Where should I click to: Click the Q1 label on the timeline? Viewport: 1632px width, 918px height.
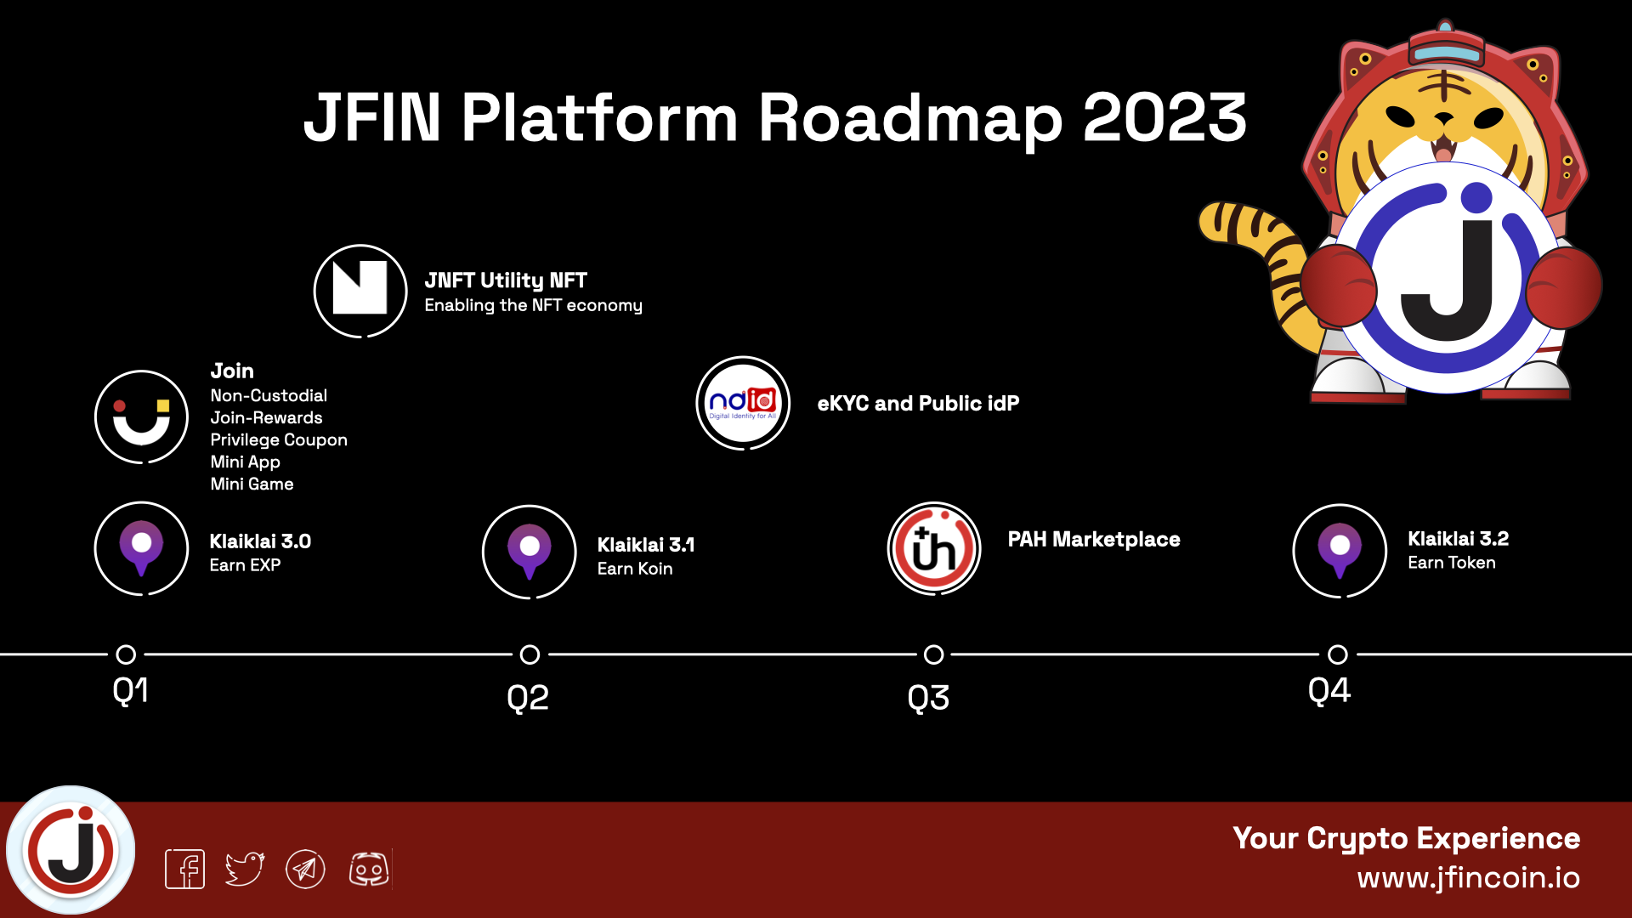(130, 690)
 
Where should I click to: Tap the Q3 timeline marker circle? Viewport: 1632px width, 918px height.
(933, 654)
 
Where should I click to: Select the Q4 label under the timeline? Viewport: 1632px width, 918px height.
(1329, 690)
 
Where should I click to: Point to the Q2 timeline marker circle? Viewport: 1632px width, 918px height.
(530, 654)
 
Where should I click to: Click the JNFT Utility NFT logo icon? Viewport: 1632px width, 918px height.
(360, 291)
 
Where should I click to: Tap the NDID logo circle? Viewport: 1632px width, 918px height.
(743, 403)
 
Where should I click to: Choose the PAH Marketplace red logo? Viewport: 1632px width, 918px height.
(934, 548)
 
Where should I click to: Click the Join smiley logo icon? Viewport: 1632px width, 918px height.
(141, 417)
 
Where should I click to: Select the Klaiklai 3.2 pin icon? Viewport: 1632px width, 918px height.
(1340, 551)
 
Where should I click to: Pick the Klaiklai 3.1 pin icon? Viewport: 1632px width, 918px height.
(530, 552)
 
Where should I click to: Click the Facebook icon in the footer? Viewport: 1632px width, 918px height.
(184, 869)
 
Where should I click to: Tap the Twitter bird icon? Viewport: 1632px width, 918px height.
(245, 869)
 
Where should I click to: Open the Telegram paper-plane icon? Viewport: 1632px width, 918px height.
(305, 869)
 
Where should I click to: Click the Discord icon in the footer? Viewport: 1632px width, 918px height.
(369, 869)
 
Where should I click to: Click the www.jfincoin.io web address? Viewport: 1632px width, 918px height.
(1468, 877)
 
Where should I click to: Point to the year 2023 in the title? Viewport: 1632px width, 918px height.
(1164, 117)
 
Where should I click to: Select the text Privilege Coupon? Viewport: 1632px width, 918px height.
(279, 439)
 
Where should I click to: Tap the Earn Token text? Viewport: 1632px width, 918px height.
(1452, 563)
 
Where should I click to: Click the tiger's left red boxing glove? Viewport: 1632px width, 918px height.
(1337, 286)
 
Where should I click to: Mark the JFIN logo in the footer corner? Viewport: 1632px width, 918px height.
(71, 850)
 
